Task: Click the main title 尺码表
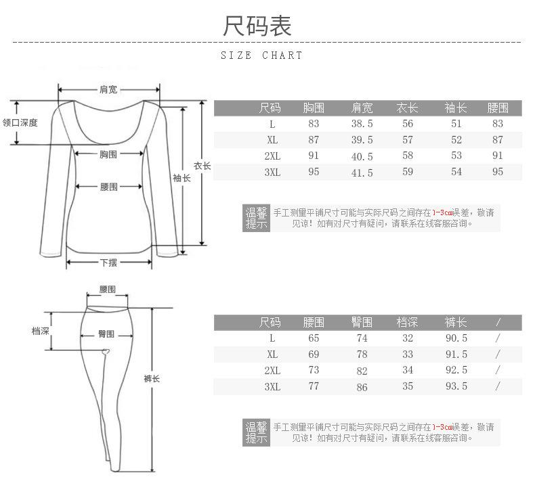click(x=257, y=26)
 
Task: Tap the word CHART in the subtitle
click(x=282, y=55)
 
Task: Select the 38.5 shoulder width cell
click(x=362, y=124)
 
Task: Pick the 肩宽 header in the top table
click(x=362, y=108)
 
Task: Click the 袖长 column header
click(x=456, y=108)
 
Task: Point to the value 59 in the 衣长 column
click(x=408, y=172)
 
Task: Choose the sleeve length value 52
click(x=456, y=140)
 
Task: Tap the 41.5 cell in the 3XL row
click(x=362, y=173)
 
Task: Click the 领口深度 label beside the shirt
click(x=20, y=122)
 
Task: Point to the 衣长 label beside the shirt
click(x=202, y=166)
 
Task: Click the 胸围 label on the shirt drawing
click(x=108, y=154)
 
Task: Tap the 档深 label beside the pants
click(x=41, y=331)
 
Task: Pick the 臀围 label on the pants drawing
click(x=106, y=334)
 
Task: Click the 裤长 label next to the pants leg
click(x=152, y=379)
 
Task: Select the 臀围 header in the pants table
click(x=362, y=322)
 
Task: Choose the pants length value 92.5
click(x=456, y=370)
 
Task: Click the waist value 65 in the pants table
click(x=314, y=338)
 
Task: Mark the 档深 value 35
click(x=408, y=386)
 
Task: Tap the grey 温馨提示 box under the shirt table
click(x=256, y=218)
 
